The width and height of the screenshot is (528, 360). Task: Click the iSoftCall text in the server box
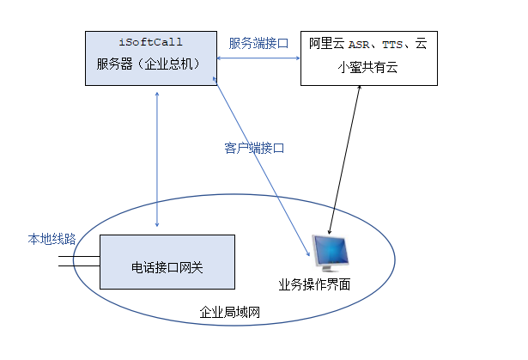pyautogui.click(x=150, y=42)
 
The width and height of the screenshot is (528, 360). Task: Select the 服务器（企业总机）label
pyautogui.click(x=149, y=64)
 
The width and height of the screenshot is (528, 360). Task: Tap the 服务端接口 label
pyautogui.click(x=258, y=43)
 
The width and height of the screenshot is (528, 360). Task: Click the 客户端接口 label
pyautogui.click(x=254, y=148)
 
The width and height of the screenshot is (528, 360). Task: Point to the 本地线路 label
pyautogui.click(x=52, y=239)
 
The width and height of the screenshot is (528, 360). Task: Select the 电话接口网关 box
pyautogui.click(x=167, y=262)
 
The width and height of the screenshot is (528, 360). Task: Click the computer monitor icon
pyautogui.click(x=330, y=253)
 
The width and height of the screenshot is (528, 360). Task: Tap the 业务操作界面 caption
pyautogui.click(x=314, y=284)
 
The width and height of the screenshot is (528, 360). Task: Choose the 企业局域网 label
pyautogui.click(x=229, y=312)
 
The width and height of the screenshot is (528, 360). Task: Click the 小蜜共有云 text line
pyautogui.click(x=367, y=67)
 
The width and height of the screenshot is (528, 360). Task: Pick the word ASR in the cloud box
pyautogui.click(x=359, y=45)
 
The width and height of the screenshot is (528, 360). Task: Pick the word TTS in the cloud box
pyautogui.click(x=392, y=45)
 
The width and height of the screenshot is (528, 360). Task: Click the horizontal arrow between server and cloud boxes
pyautogui.click(x=258, y=58)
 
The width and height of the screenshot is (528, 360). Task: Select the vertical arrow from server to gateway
pyautogui.click(x=157, y=159)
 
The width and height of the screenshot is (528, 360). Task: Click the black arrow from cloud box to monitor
pyautogui.click(x=344, y=160)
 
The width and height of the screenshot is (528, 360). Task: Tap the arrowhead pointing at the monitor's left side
pyautogui.click(x=308, y=253)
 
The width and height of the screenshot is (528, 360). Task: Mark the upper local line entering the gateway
pyautogui.click(x=79, y=257)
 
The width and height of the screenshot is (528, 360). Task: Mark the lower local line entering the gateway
pyautogui.click(x=79, y=266)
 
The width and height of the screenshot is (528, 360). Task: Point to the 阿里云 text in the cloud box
pyautogui.click(x=326, y=44)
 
